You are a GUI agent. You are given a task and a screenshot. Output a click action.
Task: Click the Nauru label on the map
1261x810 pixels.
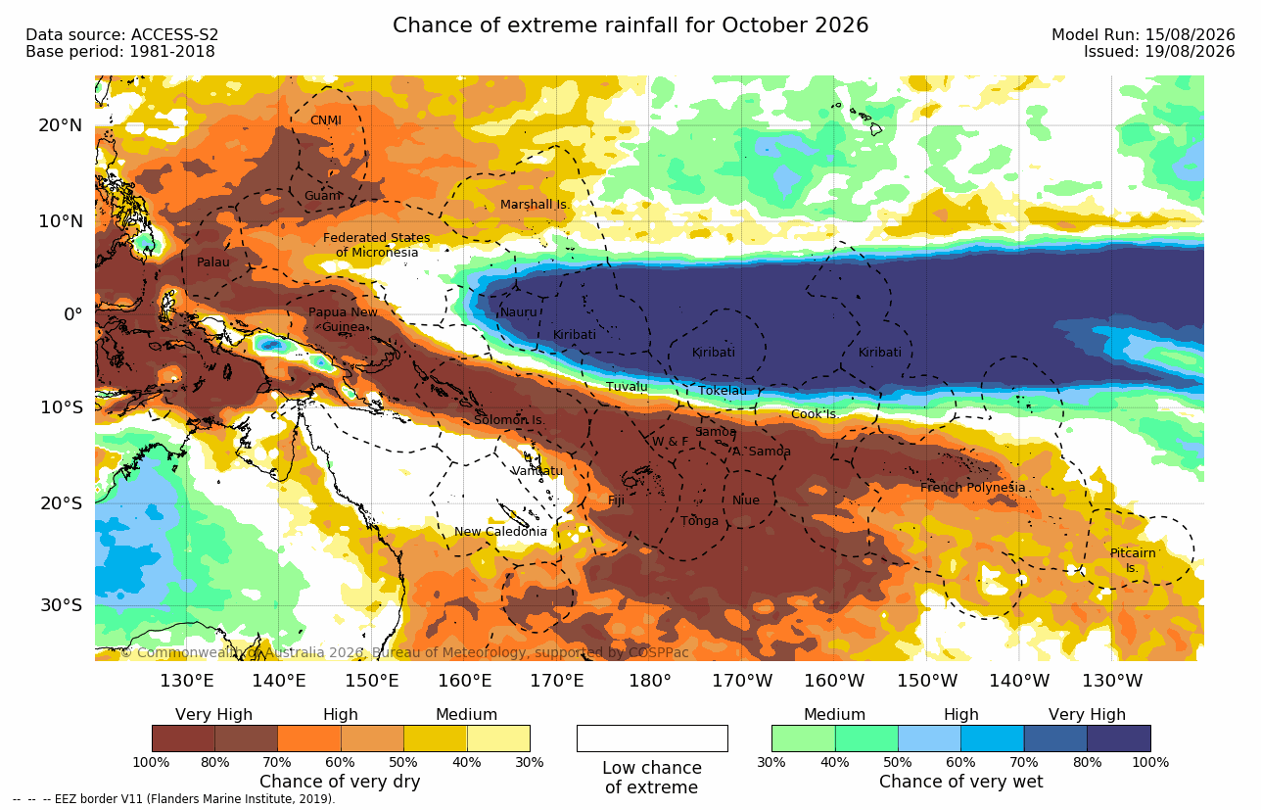[519, 312]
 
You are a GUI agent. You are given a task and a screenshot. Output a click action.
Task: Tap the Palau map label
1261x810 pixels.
[212, 262]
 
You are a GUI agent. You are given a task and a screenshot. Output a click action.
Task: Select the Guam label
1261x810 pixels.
[322, 196]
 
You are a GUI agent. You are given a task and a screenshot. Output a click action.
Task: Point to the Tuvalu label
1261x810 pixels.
[627, 387]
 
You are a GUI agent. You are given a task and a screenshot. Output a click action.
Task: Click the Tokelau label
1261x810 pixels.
[723, 391]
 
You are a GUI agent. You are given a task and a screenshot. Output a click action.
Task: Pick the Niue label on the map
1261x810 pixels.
[745, 500]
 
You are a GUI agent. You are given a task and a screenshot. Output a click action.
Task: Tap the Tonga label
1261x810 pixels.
[699, 521]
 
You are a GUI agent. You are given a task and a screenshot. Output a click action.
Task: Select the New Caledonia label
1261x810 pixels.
[500, 531]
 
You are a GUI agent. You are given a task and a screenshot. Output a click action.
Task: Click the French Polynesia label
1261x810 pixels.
[973, 487]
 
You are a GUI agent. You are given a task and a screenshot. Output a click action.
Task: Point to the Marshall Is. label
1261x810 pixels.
[535, 205]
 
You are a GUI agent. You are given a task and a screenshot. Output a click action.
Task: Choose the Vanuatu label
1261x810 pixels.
[537, 471]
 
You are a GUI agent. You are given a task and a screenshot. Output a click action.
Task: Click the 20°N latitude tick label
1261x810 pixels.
[61, 125]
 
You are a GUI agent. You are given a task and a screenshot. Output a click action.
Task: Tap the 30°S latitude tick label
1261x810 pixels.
[62, 605]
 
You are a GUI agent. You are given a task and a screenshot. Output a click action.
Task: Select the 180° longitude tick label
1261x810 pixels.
[650, 681]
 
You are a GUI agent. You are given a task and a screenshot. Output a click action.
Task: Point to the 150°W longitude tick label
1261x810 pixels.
[926, 681]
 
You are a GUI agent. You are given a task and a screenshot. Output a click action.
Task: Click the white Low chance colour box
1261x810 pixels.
[652, 738]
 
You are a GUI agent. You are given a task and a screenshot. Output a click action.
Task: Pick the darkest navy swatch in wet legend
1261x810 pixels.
[1119, 738]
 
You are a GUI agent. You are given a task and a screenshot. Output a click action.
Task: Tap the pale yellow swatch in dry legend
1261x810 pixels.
[498, 738]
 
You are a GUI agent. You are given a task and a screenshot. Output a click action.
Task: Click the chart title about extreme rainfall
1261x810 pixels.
[630, 25]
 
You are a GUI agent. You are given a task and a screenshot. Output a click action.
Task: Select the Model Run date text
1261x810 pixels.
[1143, 35]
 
